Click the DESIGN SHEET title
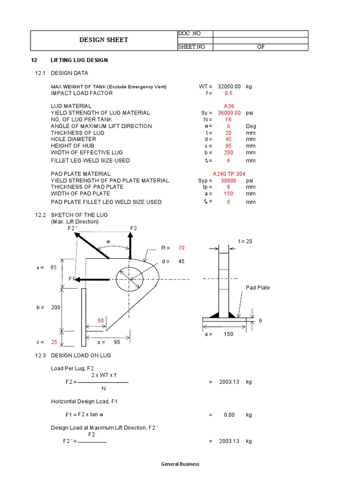[x=104, y=40]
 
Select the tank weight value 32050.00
[x=229, y=87]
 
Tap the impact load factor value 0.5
[x=228, y=93]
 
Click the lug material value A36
[x=228, y=106]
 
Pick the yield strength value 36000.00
[x=229, y=113]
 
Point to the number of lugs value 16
[x=228, y=120]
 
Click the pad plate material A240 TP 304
[x=229, y=174]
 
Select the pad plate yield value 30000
[x=229, y=180]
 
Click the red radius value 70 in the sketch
[x=181, y=247]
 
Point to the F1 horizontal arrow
[x=94, y=279]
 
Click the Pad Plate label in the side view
[x=258, y=288]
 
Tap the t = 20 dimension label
[x=245, y=241]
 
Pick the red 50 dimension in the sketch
[x=100, y=320]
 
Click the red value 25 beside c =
[x=54, y=342]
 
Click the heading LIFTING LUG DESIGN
[x=79, y=60]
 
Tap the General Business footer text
[x=180, y=464]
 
